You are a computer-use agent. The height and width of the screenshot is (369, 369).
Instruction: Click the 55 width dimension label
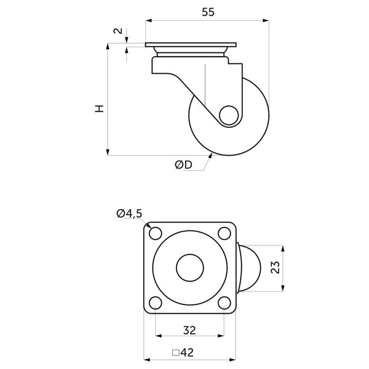pyautogui.click(x=208, y=12)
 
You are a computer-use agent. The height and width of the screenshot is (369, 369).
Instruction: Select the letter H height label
pyautogui.click(x=99, y=109)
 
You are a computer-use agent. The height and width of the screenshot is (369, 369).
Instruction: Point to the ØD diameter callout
pyautogui.click(x=183, y=165)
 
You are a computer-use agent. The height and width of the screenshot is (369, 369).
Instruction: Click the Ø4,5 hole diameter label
pyautogui.click(x=129, y=213)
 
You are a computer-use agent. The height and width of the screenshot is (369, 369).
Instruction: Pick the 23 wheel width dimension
pyautogui.click(x=276, y=267)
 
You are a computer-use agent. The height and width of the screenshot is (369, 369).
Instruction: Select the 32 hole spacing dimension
pyautogui.click(x=189, y=330)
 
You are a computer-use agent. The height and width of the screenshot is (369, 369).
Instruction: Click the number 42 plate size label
pyautogui.click(x=188, y=352)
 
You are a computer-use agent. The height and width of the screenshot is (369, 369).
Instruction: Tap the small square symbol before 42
pyautogui.click(x=176, y=353)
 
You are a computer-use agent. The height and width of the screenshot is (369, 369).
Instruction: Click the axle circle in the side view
pyautogui.click(x=229, y=116)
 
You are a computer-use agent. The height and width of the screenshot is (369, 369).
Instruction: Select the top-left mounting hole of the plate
pyautogui.click(x=156, y=234)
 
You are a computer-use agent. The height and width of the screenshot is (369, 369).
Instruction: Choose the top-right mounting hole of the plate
pyautogui.click(x=224, y=234)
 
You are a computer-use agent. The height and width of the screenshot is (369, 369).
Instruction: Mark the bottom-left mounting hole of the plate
pyautogui.click(x=156, y=303)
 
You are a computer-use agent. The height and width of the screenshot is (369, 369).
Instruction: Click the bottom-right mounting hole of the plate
pyautogui.click(x=224, y=303)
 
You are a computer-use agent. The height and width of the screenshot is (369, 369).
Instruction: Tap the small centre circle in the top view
pyautogui.click(x=190, y=268)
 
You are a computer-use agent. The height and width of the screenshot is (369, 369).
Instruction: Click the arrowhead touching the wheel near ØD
pyautogui.click(x=210, y=156)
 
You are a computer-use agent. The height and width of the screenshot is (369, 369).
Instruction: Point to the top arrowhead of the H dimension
pyautogui.click(x=108, y=46)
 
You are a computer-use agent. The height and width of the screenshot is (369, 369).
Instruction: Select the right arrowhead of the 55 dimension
pyautogui.click(x=266, y=21)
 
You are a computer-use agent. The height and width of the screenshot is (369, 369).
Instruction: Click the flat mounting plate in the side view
pyautogui.click(x=191, y=45)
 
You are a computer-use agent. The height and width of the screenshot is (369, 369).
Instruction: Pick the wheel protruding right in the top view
pyautogui.click(x=249, y=268)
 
